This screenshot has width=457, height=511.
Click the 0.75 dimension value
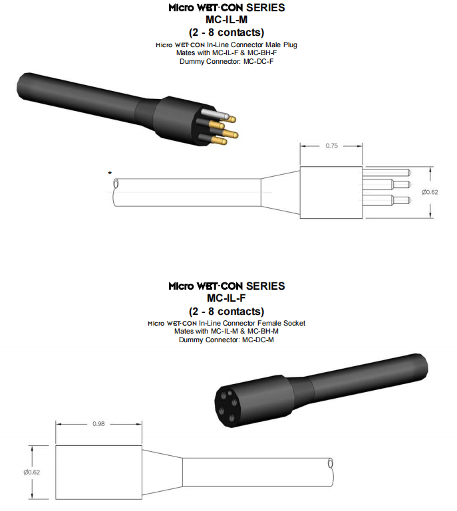coord(331,146)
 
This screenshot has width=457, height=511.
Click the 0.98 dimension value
coord(98,424)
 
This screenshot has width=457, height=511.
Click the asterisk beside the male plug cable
coord(110,173)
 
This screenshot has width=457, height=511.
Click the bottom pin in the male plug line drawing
coord(386,201)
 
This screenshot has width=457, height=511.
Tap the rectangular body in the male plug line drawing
coord(331,192)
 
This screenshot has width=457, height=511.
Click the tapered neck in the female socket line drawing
coord(162,472)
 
